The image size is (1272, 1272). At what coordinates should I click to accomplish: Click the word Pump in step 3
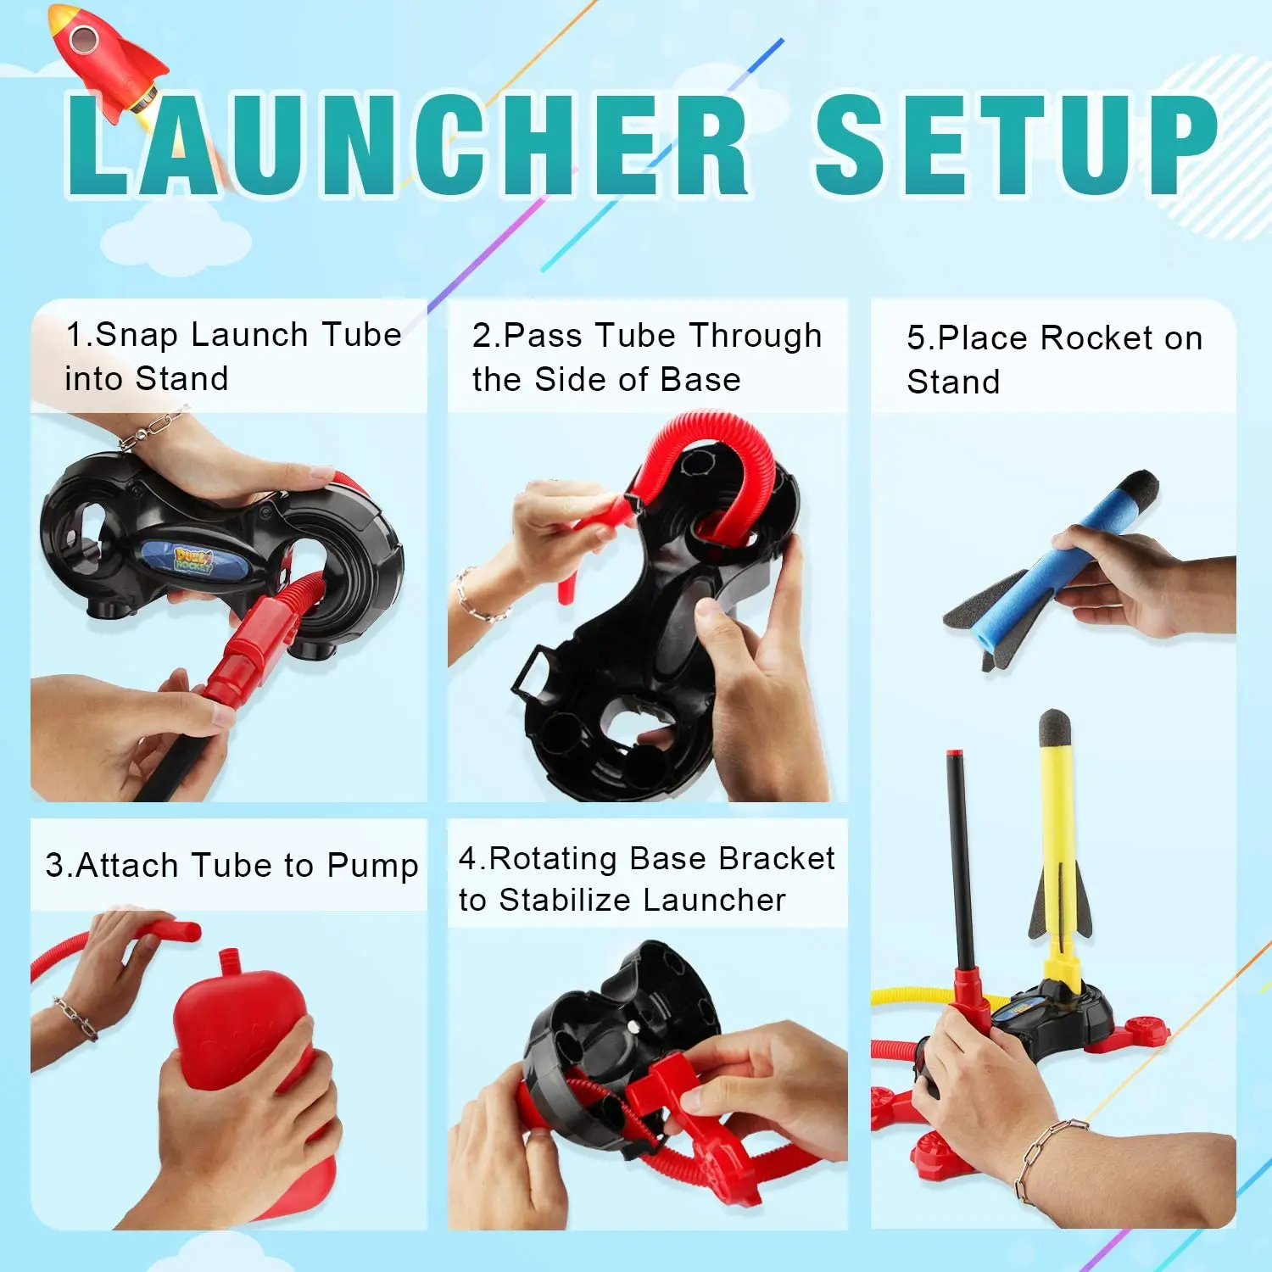click(x=372, y=866)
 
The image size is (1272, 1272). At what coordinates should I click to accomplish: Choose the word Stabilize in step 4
click(x=594, y=900)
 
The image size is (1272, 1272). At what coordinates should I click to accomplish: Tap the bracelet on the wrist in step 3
click(x=76, y=1018)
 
